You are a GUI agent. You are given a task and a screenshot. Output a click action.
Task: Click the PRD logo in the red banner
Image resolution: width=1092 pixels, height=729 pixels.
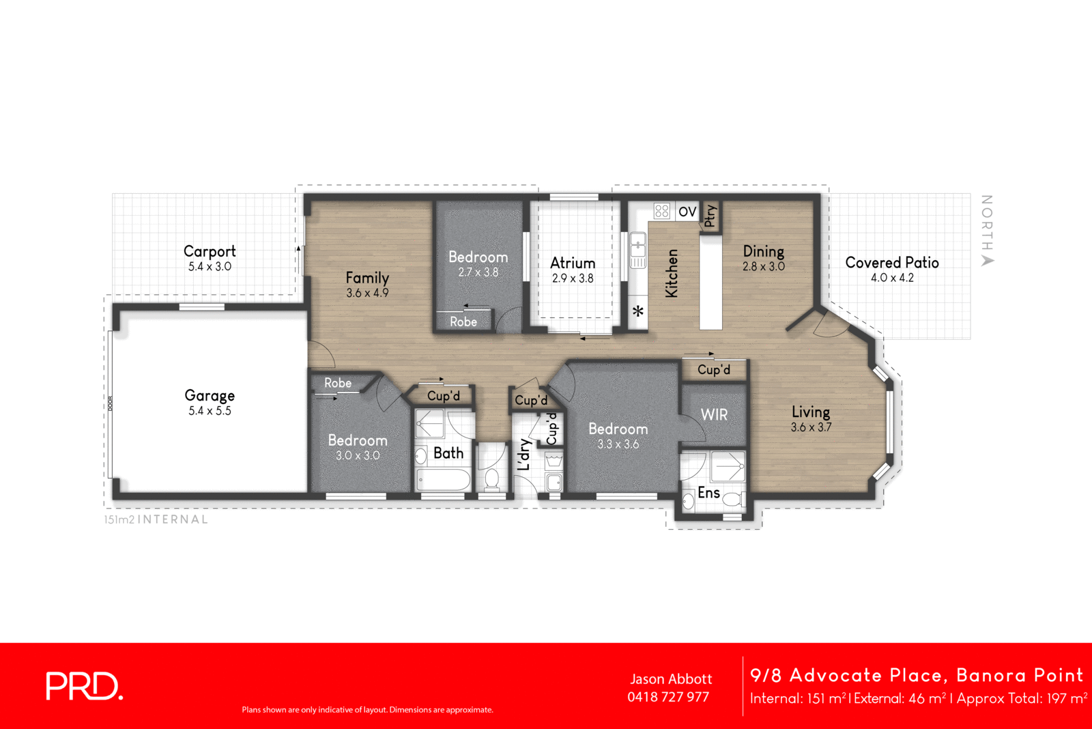pyautogui.click(x=84, y=686)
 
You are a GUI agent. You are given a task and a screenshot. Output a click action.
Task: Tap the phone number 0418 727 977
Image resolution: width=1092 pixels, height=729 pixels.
pyautogui.click(x=668, y=697)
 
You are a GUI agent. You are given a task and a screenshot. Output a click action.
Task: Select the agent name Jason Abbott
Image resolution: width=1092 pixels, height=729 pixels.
pyautogui.click(x=671, y=679)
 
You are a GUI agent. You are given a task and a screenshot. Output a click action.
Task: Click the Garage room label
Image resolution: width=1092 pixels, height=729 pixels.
pyautogui.click(x=210, y=395)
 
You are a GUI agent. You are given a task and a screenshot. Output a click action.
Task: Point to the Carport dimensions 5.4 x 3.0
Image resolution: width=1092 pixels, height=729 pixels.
pyautogui.click(x=210, y=267)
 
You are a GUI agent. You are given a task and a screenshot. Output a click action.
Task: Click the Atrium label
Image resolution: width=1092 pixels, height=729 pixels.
pyautogui.click(x=573, y=263)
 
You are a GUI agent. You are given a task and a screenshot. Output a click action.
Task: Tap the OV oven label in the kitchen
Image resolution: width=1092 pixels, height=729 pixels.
pyautogui.click(x=687, y=212)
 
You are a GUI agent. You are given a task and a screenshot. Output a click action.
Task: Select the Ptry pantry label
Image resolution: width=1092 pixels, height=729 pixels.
pyautogui.click(x=710, y=216)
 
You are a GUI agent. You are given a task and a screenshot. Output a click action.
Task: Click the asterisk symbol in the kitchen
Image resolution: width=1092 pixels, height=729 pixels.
pyautogui.click(x=638, y=311)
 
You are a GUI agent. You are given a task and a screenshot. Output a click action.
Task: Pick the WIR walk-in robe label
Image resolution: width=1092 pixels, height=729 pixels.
pyautogui.click(x=714, y=414)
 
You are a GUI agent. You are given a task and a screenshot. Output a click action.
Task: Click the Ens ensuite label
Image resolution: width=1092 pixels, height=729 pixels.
pyautogui.click(x=708, y=492)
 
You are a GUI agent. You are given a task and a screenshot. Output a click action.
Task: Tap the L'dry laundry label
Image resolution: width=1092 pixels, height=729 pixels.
pyautogui.click(x=524, y=454)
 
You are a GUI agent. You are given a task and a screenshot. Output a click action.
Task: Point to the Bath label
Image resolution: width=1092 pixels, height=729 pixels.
pyautogui.click(x=448, y=453)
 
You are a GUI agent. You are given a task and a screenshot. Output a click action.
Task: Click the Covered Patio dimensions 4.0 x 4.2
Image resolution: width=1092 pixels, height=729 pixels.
pyautogui.click(x=892, y=278)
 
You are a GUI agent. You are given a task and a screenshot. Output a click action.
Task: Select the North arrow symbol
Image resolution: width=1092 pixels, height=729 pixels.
pyautogui.click(x=988, y=260)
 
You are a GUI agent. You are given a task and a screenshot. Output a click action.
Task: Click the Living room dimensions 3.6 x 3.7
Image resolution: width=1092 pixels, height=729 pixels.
pyautogui.click(x=811, y=427)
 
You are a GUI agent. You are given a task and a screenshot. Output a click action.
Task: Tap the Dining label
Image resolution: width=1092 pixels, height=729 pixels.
pyautogui.click(x=763, y=251)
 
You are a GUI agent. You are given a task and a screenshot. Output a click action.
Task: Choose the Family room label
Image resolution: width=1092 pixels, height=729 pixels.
pyautogui.click(x=367, y=277)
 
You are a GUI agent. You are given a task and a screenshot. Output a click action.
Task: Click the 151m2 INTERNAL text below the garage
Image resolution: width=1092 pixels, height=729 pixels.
pyautogui.click(x=156, y=519)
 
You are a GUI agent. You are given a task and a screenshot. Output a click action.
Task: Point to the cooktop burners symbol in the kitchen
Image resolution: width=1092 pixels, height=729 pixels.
pyautogui.click(x=662, y=211)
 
